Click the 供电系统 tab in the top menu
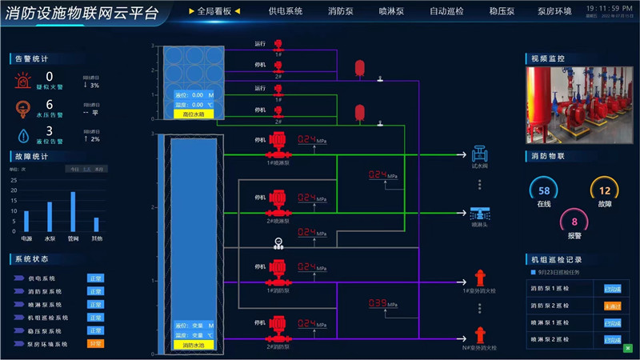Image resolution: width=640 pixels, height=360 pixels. pyautogui.click(x=286, y=11)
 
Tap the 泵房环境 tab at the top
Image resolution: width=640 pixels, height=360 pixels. pyautogui.click(x=554, y=11)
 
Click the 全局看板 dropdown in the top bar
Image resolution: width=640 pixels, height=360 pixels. pyautogui.click(x=214, y=11)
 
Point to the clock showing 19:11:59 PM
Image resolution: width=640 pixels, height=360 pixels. pyautogui.click(x=605, y=7)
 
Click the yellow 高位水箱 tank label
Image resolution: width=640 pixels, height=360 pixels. pyautogui.click(x=189, y=114)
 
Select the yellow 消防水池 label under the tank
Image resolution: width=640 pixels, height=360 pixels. pyautogui.click(x=189, y=346)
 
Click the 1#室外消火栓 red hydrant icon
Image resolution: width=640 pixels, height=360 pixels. pyautogui.click(x=480, y=278)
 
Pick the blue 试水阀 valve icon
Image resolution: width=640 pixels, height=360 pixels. pyautogui.click(x=480, y=153)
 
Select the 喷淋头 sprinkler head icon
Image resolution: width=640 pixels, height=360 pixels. pyautogui.click(x=480, y=213)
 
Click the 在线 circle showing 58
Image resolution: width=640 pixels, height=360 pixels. pyautogui.click(x=544, y=191)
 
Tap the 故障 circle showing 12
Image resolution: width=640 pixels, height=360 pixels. pyautogui.click(x=605, y=191)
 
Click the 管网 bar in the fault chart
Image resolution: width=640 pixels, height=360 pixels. pyautogui.click(x=73, y=212)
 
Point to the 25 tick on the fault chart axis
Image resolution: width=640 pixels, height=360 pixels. pyautogui.click(x=13, y=180)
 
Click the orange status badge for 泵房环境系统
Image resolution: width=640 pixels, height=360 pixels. pyautogui.click(x=96, y=343)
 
